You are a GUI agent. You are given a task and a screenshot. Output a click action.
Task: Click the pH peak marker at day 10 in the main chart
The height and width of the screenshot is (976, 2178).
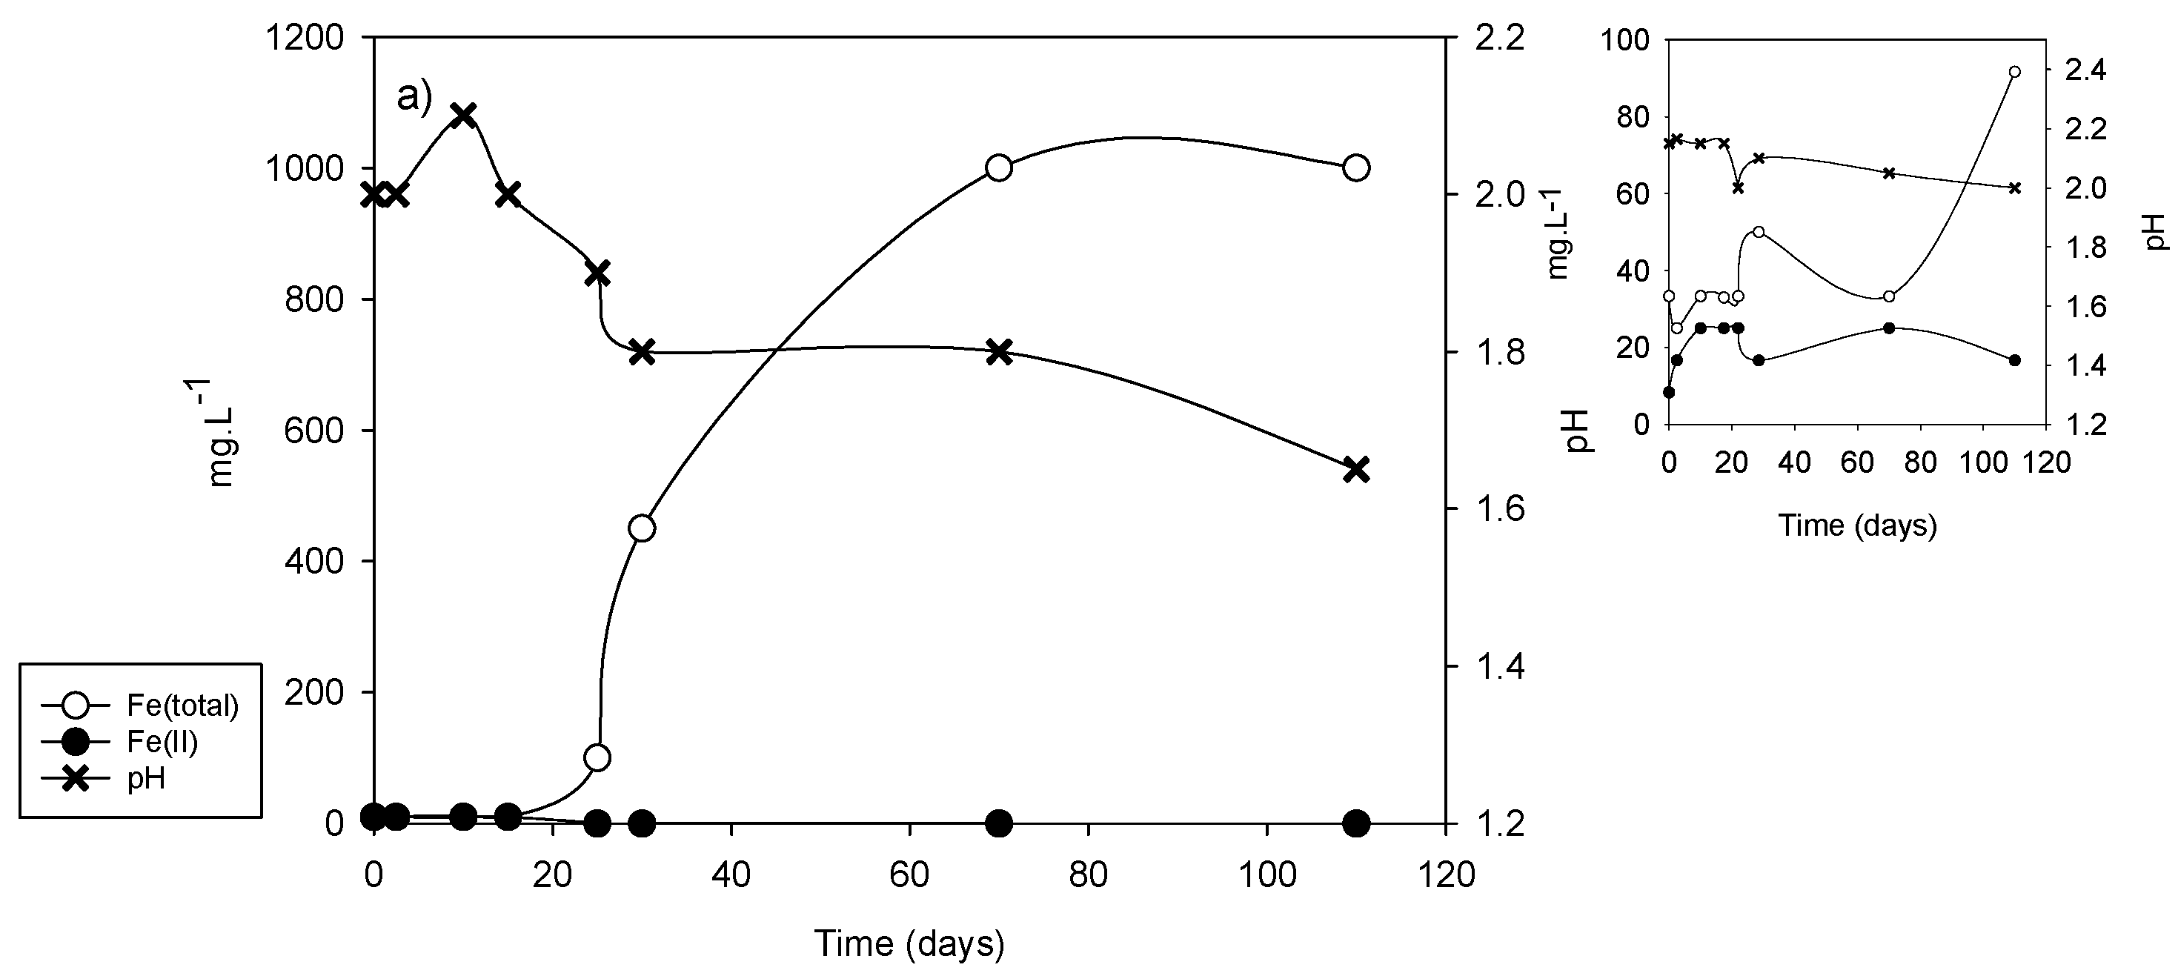pyautogui.click(x=462, y=115)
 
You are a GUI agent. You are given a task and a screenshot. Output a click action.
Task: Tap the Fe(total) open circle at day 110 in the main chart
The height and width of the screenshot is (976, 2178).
pyautogui.click(x=1356, y=167)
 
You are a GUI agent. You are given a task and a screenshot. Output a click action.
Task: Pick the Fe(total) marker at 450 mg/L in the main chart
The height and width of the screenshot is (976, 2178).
pyautogui.click(x=642, y=528)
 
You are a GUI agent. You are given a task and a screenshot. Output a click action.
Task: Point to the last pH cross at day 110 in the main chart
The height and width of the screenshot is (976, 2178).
pyautogui.click(x=1356, y=469)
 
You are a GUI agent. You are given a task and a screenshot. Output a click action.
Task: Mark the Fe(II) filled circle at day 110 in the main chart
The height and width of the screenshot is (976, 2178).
pyautogui.click(x=1356, y=822)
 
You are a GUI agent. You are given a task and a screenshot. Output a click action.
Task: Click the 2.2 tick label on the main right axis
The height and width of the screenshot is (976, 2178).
pyautogui.click(x=1498, y=37)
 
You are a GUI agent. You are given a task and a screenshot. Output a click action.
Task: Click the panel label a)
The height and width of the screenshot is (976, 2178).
pyautogui.click(x=414, y=97)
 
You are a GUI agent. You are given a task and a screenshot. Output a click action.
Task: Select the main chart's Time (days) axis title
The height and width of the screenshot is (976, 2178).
pyautogui.click(x=909, y=943)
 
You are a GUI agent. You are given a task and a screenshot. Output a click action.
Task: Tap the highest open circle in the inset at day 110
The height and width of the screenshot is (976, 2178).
pyautogui.click(x=2014, y=72)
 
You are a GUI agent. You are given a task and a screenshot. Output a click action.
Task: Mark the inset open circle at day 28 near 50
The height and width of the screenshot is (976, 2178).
pyautogui.click(x=1759, y=232)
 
